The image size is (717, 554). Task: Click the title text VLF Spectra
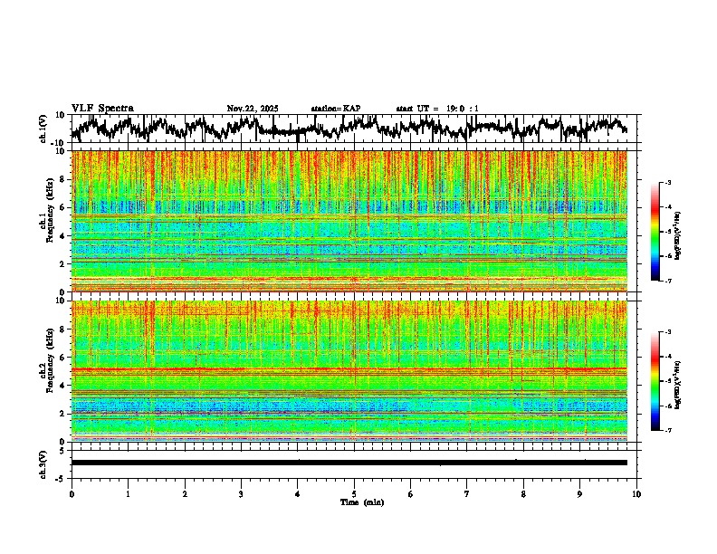coord(102,109)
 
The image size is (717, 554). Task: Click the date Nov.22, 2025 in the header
coord(253,109)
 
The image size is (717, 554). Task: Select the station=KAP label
coord(335,109)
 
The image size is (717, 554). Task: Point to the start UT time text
coord(437,109)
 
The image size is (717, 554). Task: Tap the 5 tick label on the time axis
coord(354,494)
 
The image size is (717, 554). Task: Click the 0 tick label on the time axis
coord(72,494)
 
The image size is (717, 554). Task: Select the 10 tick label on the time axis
coord(636,494)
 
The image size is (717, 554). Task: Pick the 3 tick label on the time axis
coord(241,494)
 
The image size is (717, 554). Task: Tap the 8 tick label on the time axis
coord(523,494)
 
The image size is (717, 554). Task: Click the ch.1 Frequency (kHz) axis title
coord(45,222)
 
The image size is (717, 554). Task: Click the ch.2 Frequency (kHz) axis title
coord(45,370)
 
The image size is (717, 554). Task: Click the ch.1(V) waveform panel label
coord(43,129)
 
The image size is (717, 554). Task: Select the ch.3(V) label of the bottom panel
coord(43,462)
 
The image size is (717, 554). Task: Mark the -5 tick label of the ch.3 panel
coord(59,476)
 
